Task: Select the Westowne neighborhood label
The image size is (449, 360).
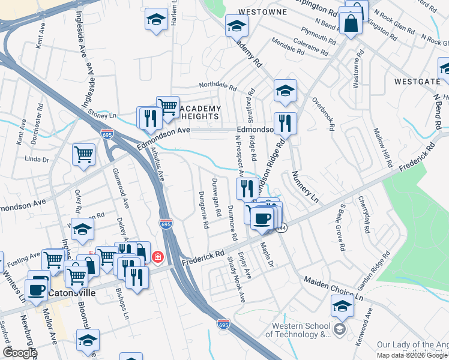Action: (260, 11)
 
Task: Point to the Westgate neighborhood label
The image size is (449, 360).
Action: (417, 81)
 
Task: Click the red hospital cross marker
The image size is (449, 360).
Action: (158, 257)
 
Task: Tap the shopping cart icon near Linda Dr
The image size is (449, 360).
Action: (84, 154)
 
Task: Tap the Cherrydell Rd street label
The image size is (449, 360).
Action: (364, 214)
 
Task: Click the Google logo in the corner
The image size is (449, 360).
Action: (20, 353)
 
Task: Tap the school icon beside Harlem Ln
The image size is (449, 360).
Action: (156, 19)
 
